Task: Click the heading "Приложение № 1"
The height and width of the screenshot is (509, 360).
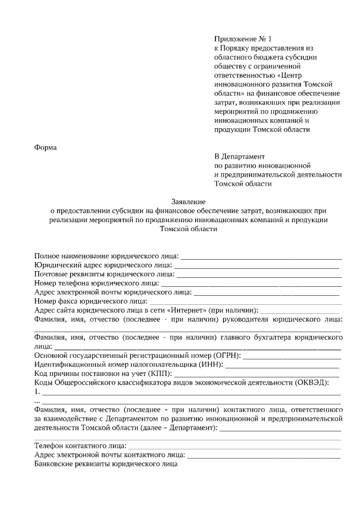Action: point(242,39)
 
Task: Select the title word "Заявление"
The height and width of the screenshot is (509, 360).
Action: point(188,201)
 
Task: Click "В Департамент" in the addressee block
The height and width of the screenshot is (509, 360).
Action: point(240,156)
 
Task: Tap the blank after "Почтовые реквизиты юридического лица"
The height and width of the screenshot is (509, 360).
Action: point(259,276)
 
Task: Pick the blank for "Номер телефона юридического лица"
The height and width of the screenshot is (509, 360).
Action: point(251,285)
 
